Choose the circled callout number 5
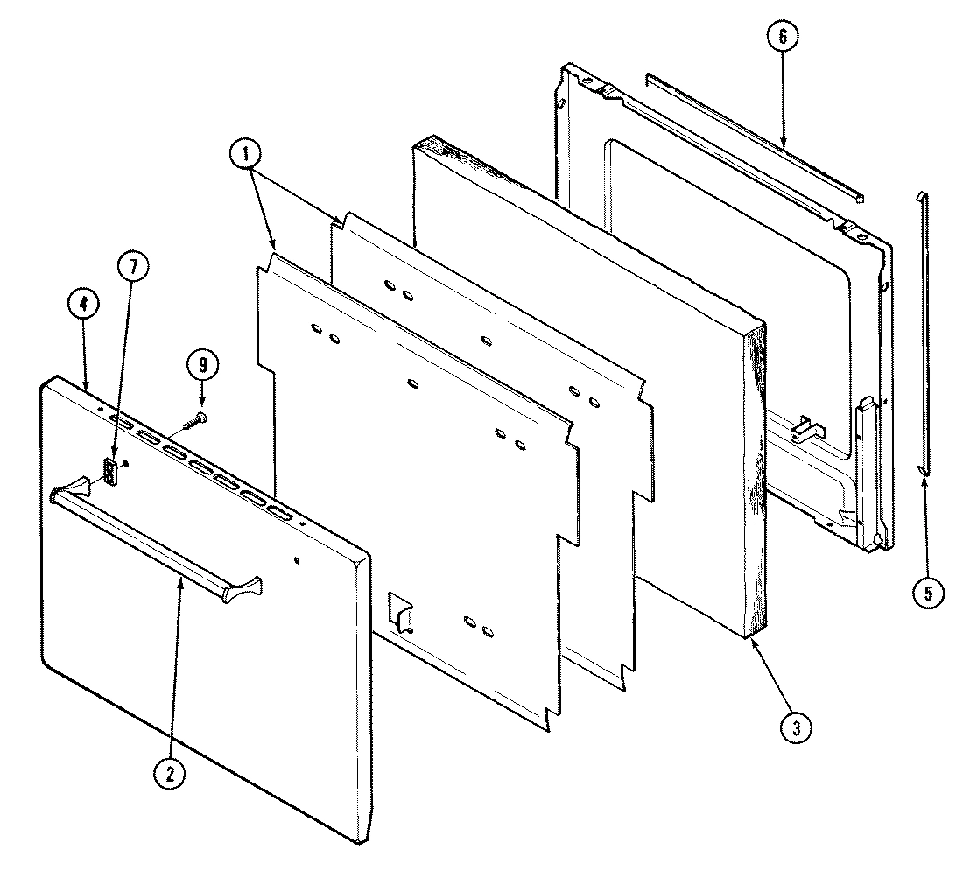click(927, 593)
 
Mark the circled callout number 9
click(202, 363)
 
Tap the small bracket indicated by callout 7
click(110, 473)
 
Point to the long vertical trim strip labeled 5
click(924, 333)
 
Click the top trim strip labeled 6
click(753, 136)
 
